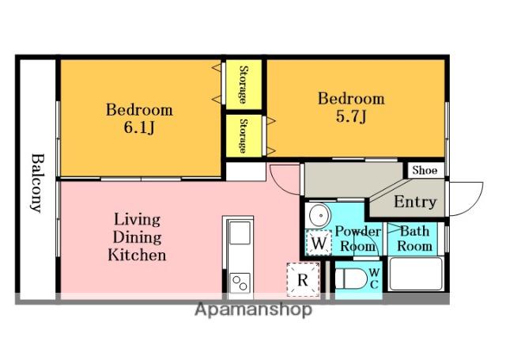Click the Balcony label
37,183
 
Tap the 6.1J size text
139,127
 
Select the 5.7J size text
351,116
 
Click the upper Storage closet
244,85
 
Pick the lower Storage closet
244,136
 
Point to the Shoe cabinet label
425,170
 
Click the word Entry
415,202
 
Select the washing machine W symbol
319,242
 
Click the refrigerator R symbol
303,280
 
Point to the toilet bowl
350,279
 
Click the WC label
374,279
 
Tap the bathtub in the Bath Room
416,274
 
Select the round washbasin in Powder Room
319,215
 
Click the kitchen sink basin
240,233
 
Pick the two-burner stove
240,283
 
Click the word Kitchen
137,255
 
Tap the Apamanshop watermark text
253,309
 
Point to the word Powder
358,231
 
